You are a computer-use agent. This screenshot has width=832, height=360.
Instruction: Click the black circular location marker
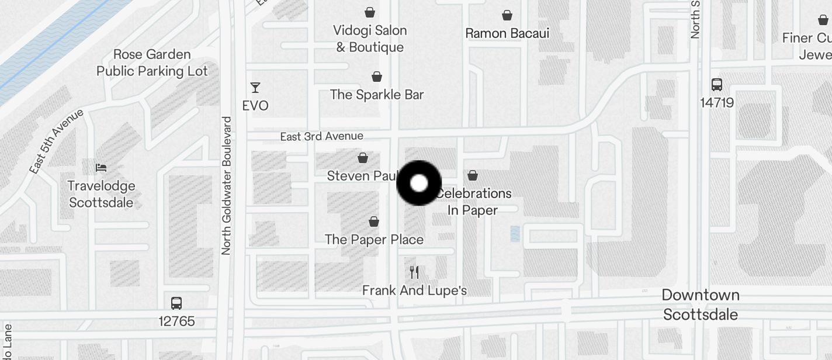[419, 184]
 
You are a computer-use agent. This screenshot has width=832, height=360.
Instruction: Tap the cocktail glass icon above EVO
[255, 88]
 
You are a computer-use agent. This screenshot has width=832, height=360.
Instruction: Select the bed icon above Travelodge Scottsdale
[101, 168]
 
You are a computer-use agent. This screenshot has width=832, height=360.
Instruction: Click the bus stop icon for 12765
[176, 303]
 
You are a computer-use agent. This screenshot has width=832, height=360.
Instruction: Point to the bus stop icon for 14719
[717, 85]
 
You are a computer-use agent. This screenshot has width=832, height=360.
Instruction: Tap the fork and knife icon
[414, 272]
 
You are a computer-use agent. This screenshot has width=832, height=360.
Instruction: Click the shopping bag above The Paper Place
[374, 221]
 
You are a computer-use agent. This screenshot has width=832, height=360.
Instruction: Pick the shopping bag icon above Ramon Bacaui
[507, 15]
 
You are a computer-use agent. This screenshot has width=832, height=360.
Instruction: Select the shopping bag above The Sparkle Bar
[377, 77]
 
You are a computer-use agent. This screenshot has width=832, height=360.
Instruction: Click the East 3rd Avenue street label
[321, 136]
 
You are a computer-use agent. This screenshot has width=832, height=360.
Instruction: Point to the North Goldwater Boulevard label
[227, 185]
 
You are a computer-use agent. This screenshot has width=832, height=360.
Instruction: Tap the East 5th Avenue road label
[57, 141]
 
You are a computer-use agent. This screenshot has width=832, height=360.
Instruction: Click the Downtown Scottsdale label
[701, 304]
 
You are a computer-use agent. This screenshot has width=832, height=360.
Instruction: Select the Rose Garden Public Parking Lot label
[152, 63]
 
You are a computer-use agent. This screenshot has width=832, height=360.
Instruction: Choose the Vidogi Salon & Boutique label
[370, 39]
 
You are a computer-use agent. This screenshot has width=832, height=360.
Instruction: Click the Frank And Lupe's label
[414, 290]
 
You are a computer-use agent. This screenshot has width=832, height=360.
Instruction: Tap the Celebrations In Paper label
[474, 202]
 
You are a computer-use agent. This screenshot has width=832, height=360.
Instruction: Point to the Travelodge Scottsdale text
[101, 194]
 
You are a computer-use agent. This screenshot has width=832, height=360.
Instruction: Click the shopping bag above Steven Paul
[363, 158]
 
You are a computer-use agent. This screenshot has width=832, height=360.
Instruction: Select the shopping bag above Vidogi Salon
[370, 12]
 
